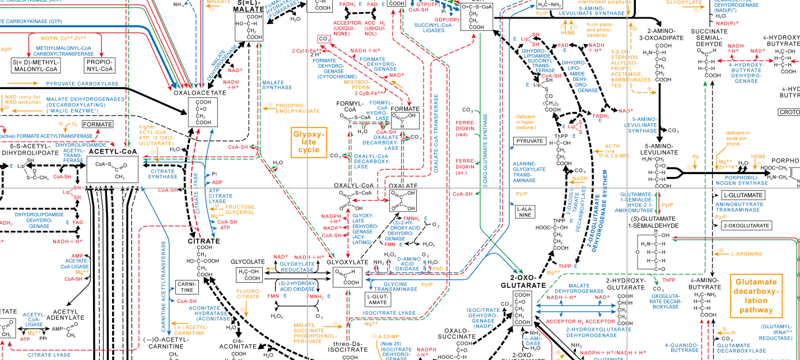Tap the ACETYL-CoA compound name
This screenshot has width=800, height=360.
coord(112,151)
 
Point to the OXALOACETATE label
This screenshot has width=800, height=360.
coord(196,93)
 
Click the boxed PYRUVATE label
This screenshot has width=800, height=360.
coord(529,141)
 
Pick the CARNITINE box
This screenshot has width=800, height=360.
coord(188,287)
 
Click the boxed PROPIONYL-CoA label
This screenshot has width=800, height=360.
coord(100,66)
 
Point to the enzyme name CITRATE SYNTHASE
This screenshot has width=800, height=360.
coord(162,174)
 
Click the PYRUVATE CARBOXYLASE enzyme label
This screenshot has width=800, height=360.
coord(82,84)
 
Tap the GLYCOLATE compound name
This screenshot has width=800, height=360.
coord(248,261)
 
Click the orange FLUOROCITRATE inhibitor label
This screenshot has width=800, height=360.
coord(248,294)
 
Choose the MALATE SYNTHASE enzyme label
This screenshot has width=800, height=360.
coord(277,84)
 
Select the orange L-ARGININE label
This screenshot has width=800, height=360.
coord(748,254)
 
